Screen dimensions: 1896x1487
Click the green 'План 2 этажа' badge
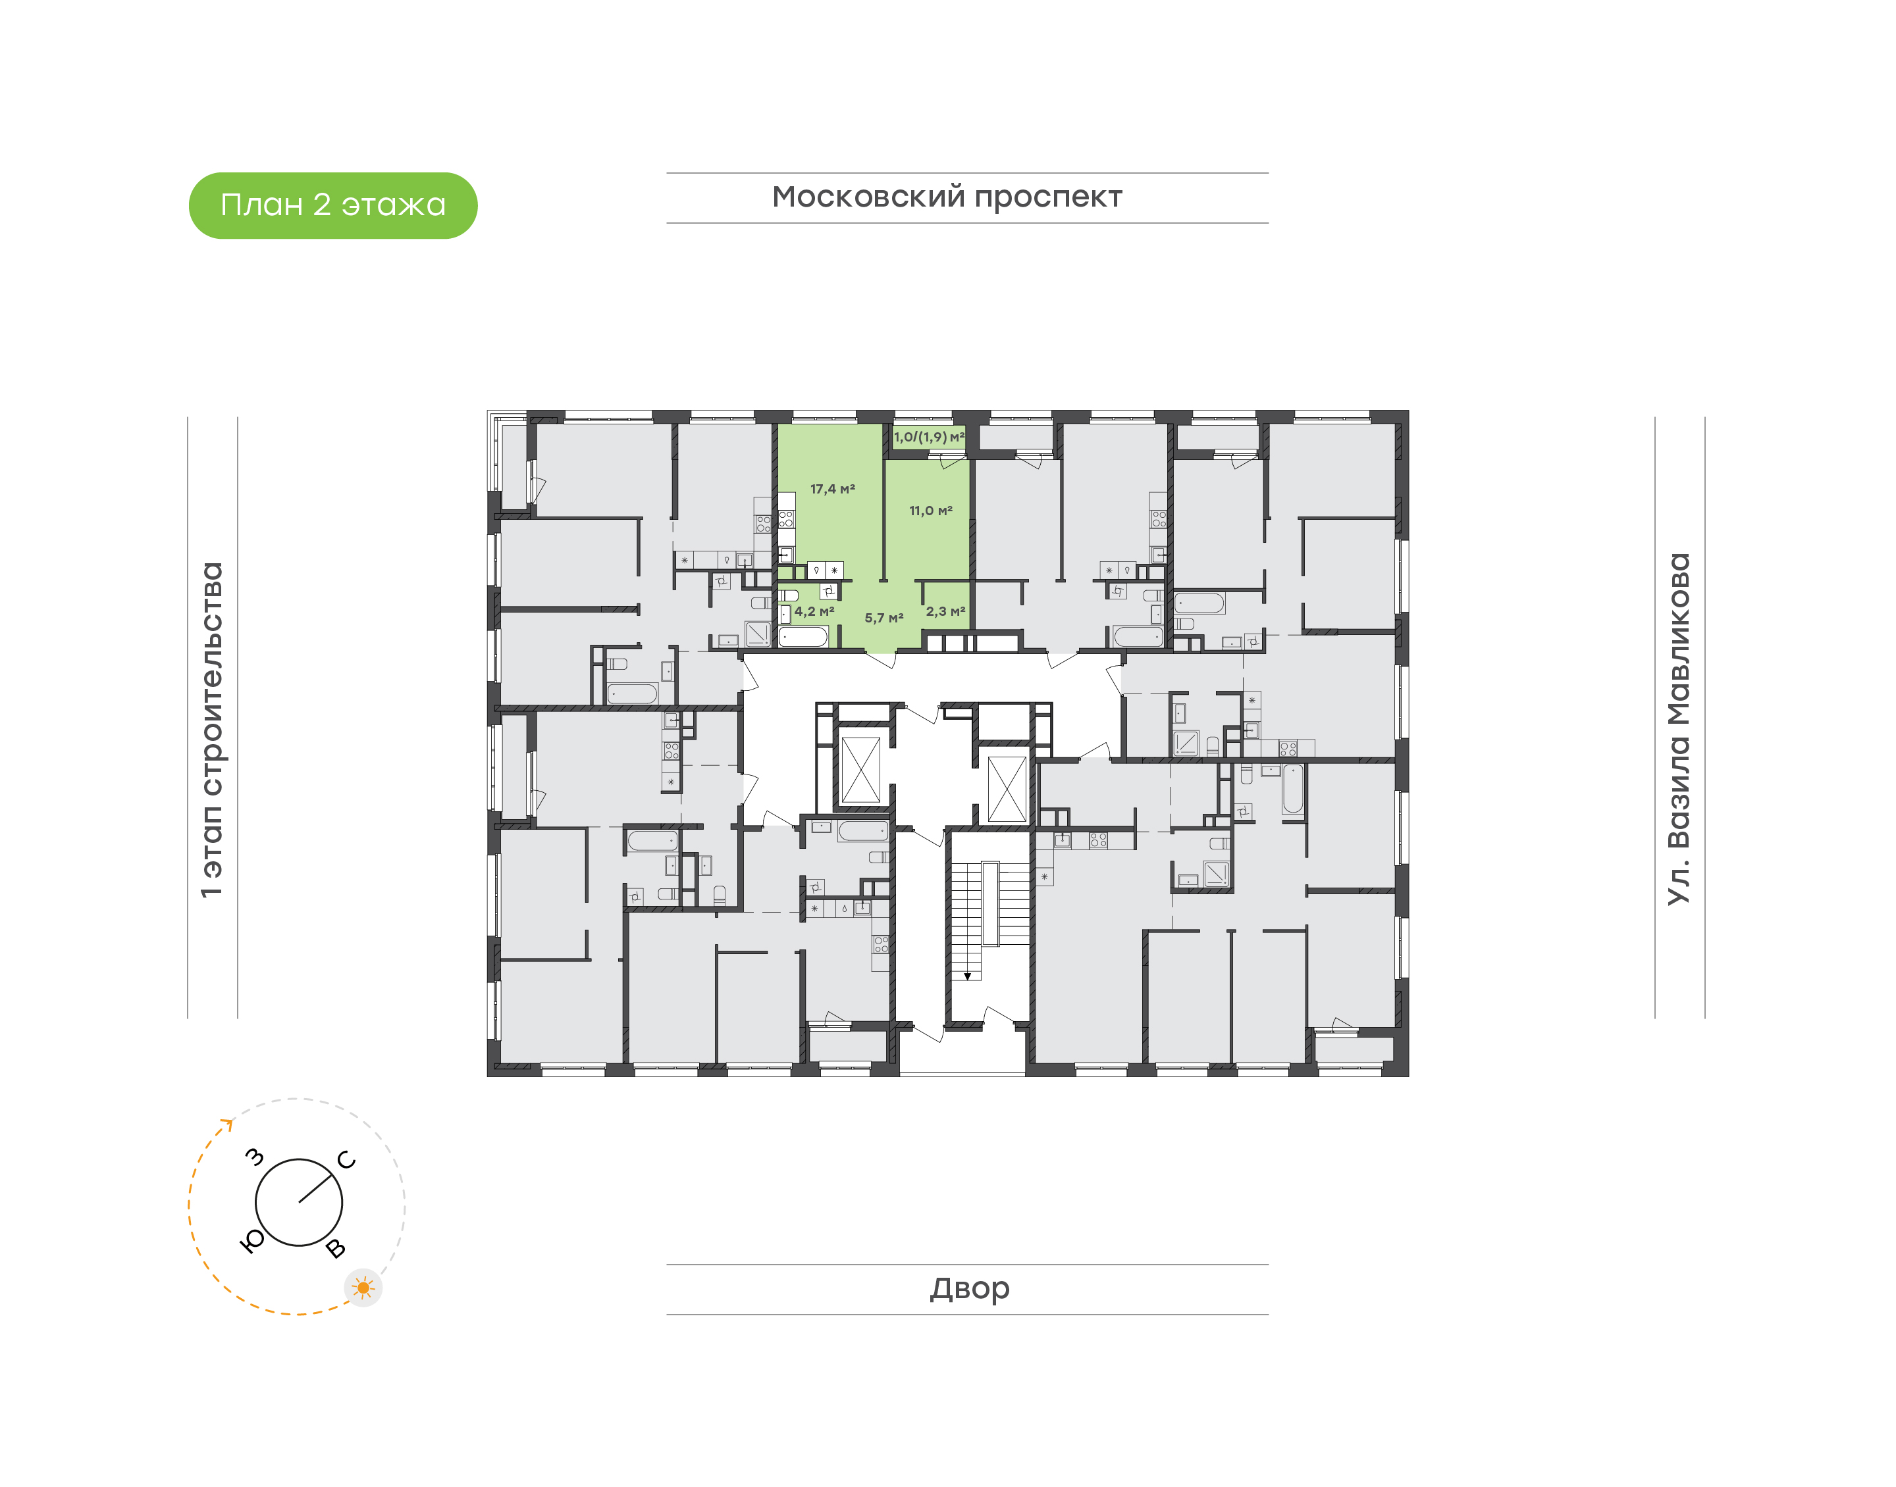pos(332,205)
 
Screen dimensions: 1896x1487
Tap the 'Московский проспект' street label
pos(947,197)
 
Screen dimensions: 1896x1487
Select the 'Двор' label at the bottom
pos(969,1288)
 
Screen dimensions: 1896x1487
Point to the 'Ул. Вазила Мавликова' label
pos(1678,730)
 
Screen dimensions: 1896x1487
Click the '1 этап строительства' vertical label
pos(211,730)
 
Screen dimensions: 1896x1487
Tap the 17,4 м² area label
pos(833,490)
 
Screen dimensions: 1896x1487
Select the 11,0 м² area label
pos(931,511)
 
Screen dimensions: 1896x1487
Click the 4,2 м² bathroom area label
pos(814,612)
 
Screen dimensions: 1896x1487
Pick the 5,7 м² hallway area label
pos(884,618)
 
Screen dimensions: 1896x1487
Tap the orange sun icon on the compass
pos(363,1288)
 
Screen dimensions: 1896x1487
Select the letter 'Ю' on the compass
pos(251,1242)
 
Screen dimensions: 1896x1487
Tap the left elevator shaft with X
pos(860,770)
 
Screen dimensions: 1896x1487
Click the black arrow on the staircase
pos(968,976)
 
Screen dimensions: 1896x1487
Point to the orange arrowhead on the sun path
pos(228,1124)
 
